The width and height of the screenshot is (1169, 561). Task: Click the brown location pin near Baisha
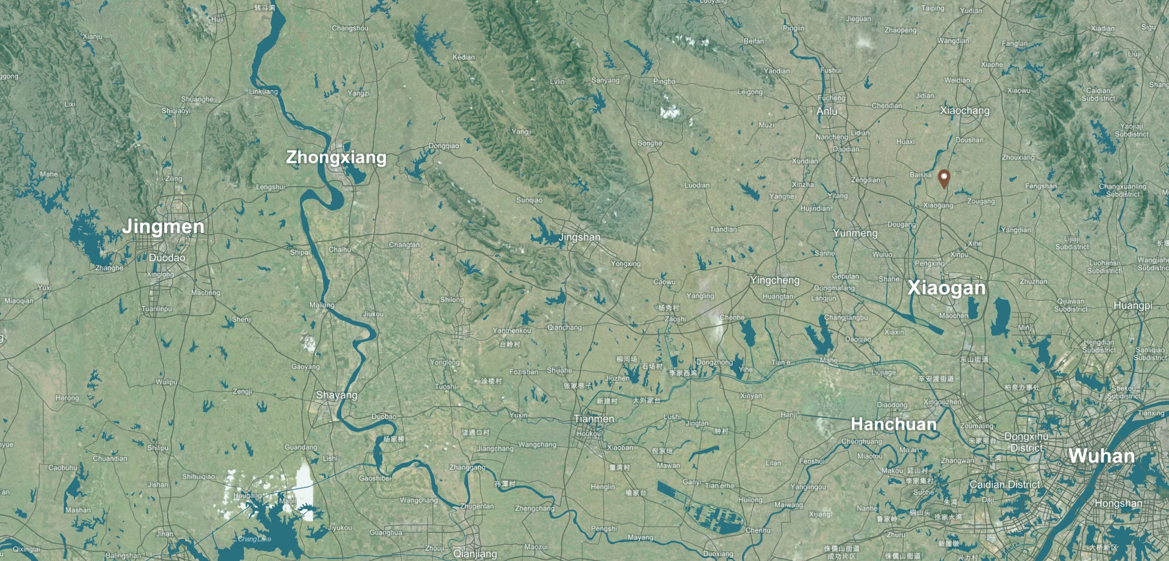point(944,178)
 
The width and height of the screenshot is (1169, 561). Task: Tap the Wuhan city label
point(1101,455)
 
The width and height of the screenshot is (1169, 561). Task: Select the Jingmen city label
point(163,226)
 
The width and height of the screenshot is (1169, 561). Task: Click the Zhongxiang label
point(336,157)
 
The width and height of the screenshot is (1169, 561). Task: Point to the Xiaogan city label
point(946,288)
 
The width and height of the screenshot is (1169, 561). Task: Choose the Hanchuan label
point(894,424)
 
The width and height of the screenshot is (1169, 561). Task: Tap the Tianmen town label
point(593,418)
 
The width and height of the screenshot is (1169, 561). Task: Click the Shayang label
point(336,395)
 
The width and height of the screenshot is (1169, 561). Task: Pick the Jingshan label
point(579,237)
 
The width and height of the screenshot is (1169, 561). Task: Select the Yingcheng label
point(774,280)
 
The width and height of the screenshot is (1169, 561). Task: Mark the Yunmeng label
point(855,233)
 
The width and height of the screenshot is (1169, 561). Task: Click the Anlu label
point(827,111)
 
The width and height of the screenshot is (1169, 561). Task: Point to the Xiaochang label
point(965,111)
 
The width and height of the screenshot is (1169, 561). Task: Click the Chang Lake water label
point(254,539)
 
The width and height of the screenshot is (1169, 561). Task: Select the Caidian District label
point(1004,484)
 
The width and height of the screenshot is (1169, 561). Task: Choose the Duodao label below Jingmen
point(167,258)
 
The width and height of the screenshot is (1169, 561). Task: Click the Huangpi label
point(1133,305)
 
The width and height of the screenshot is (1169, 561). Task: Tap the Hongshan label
point(1118,503)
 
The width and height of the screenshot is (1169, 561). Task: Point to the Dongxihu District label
point(1026,442)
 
